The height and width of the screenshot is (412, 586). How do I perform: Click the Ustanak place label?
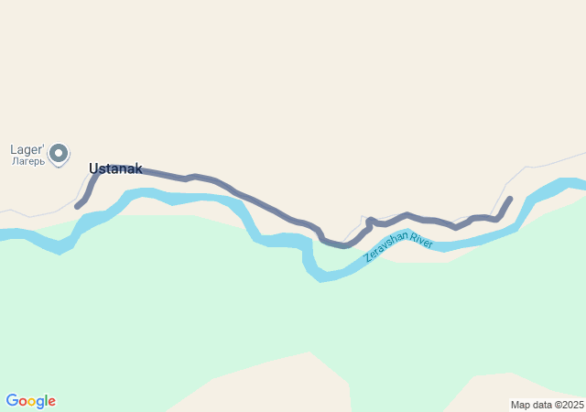pos(115,168)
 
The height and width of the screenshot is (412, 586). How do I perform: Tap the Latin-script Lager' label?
pos(27,149)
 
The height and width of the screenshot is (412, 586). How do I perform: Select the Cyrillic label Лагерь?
pos(27,161)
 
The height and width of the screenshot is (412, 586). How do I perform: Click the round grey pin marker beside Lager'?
pos(59,153)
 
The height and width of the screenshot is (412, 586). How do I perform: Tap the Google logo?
pos(30,401)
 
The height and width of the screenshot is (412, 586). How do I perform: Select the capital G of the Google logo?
pos(12,401)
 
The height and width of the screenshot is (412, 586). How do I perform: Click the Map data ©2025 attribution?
pos(547,405)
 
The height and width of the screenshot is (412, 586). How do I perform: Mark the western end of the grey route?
pos(77,206)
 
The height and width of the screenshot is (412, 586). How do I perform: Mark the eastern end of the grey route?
pos(510,198)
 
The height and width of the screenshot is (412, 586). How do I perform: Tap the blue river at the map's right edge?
pos(579,184)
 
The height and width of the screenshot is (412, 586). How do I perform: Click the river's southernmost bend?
pos(323,276)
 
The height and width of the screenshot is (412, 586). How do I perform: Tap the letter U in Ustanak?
pos(93,168)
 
